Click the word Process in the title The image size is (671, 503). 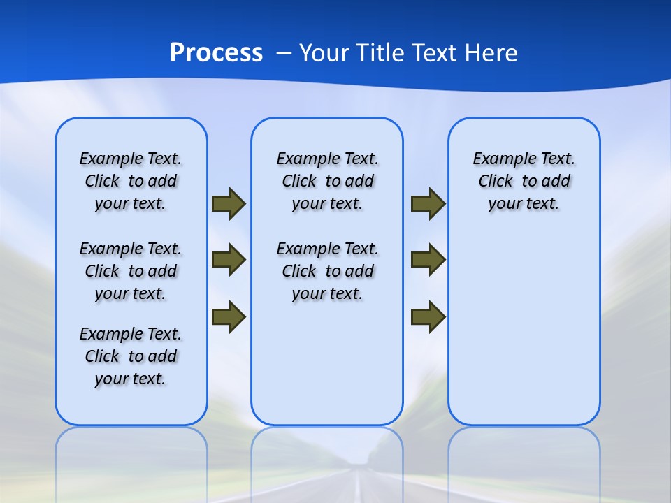216,52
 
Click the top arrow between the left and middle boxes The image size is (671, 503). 229,203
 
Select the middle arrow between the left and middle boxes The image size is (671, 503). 229,260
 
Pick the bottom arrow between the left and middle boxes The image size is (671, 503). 229,316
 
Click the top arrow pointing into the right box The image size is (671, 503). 428,203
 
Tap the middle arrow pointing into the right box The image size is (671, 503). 428,260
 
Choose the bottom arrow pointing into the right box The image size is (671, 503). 428,316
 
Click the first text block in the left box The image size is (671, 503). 131,181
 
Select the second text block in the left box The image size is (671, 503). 131,271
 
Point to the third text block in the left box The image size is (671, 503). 131,356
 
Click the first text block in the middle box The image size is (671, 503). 327,181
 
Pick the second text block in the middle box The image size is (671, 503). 327,271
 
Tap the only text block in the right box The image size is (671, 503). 524,181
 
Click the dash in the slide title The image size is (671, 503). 284,53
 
